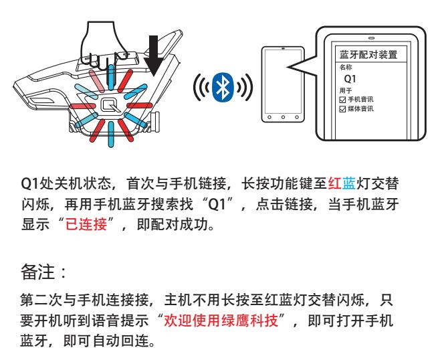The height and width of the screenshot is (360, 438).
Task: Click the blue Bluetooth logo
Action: [222, 87]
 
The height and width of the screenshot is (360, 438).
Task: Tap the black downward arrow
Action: [153, 56]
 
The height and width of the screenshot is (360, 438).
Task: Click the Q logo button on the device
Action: [110, 106]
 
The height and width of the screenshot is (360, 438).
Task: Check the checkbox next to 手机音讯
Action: [342, 100]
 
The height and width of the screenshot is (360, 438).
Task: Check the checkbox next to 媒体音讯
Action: [342, 109]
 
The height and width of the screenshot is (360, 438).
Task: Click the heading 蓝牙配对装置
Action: [368, 54]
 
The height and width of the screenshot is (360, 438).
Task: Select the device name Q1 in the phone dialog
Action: [350, 79]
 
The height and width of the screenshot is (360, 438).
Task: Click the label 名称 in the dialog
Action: [346, 67]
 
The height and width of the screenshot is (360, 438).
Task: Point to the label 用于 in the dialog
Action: [346, 90]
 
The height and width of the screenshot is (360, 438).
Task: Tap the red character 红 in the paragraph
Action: [334, 183]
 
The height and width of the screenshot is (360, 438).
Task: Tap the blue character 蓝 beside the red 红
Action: [349, 183]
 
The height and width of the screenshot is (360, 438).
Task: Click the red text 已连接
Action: [86, 224]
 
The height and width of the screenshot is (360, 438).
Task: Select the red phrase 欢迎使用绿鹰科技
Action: [221, 321]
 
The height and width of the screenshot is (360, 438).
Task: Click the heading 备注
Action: [37, 272]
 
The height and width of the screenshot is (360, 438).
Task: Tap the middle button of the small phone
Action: [283, 117]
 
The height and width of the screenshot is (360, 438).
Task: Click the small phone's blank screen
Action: [283, 80]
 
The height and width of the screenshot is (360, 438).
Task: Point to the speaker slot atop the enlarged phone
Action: [372, 38]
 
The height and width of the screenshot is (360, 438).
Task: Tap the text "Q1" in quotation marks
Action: [217, 204]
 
